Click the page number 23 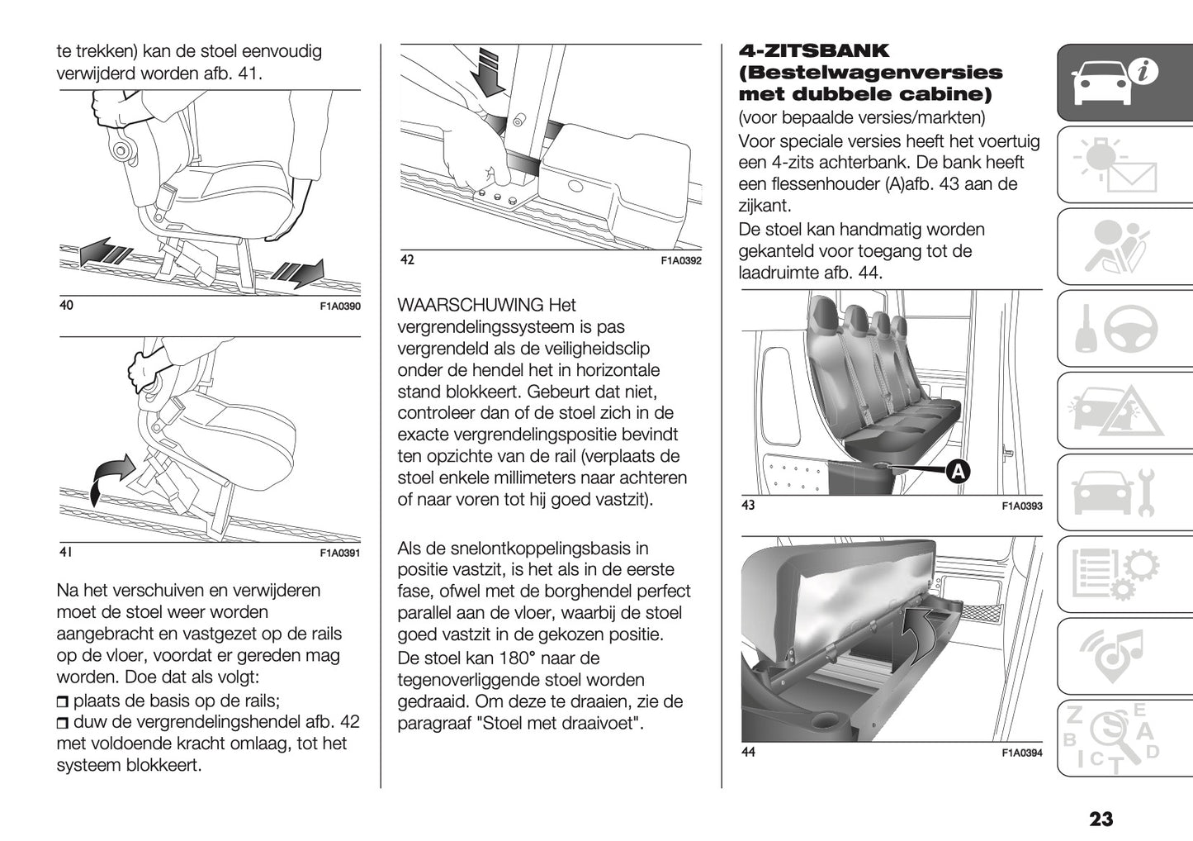tap(1101, 819)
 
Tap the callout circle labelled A tap(956, 471)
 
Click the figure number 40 tap(66, 306)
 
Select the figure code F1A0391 tap(339, 554)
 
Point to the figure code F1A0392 tap(680, 261)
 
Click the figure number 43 tap(748, 505)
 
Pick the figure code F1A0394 tap(1021, 753)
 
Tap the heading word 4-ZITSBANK tap(813, 51)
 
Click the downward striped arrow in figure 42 tap(492, 73)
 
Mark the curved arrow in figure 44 tap(922, 634)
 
